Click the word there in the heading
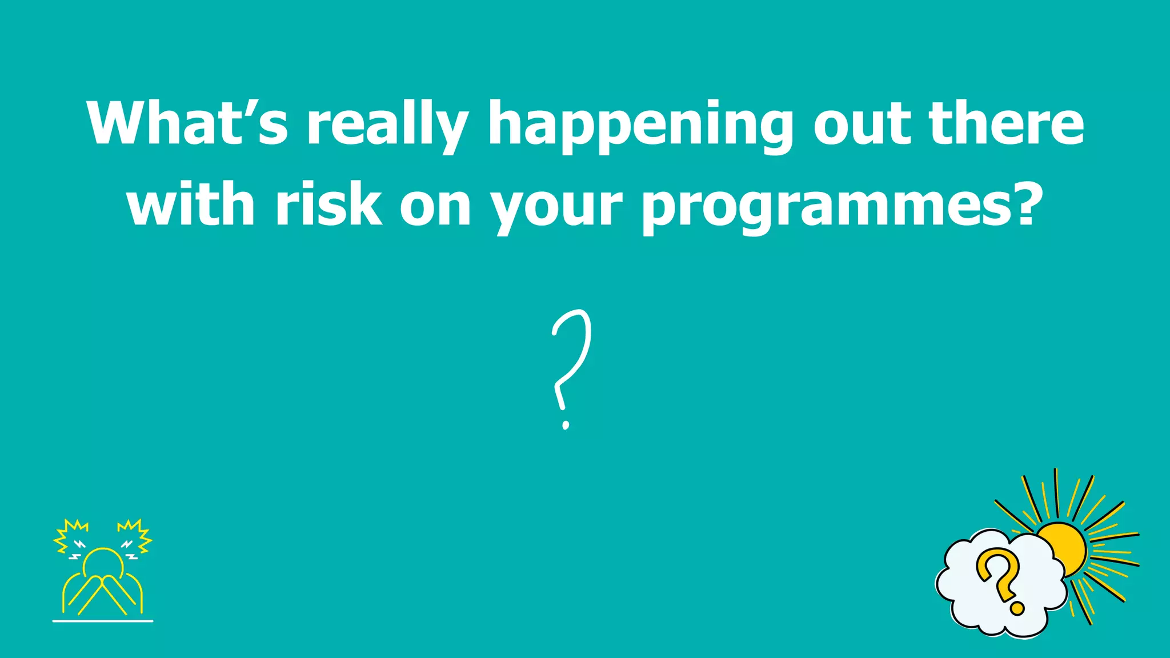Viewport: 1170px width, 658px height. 1007,123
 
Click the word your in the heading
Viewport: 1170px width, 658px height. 557,209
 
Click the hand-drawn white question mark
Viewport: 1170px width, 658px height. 572,360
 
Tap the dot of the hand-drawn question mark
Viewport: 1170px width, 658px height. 566,424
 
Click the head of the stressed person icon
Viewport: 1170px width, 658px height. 103,563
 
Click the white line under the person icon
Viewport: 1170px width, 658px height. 103,620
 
